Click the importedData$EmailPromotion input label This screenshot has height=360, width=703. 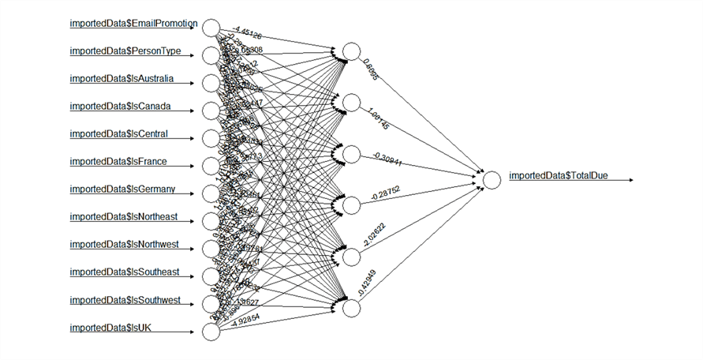[x=133, y=23]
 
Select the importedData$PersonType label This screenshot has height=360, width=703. [x=125, y=51]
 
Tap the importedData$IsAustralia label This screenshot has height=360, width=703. [x=122, y=79]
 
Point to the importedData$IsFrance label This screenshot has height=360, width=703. [x=118, y=162]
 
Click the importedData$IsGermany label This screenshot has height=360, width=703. [x=122, y=189]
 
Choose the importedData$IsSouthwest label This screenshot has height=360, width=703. [x=125, y=300]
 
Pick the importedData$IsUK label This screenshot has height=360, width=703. [x=110, y=328]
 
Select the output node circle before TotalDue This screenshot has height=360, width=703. [x=492, y=180]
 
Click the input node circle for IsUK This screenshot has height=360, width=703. [x=211, y=332]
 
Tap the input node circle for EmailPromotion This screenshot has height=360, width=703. [x=211, y=28]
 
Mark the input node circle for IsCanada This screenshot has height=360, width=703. [x=211, y=111]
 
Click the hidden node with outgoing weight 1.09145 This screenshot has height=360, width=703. [x=350, y=103]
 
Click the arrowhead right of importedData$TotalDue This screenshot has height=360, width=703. [x=631, y=180]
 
